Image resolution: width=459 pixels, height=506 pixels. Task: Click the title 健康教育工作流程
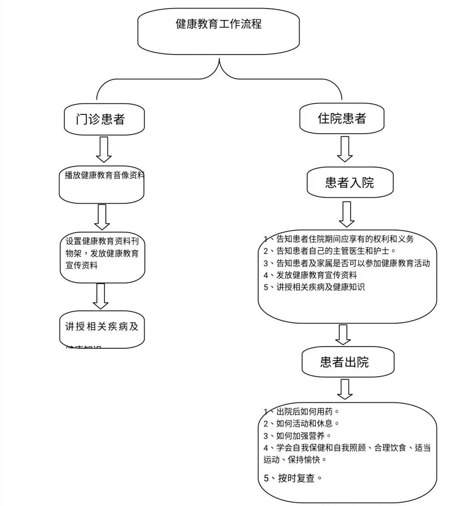(218, 24)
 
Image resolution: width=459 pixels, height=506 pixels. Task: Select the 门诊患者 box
(101, 119)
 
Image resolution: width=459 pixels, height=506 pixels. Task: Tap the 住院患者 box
(342, 118)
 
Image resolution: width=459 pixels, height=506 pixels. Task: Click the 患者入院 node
(349, 183)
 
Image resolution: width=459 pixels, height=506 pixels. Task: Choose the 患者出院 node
(344, 362)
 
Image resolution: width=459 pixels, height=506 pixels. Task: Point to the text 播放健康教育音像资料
(104, 175)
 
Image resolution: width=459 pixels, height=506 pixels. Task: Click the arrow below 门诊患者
(104, 149)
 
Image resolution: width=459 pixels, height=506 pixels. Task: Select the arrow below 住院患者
(345, 149)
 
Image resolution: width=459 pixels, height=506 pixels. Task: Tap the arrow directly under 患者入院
(347, 214)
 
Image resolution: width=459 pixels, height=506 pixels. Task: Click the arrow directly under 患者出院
(345, 389)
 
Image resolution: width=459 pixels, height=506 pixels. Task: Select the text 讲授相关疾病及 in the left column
(102, 327)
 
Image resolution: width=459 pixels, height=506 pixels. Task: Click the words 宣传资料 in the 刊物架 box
(82, 265)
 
